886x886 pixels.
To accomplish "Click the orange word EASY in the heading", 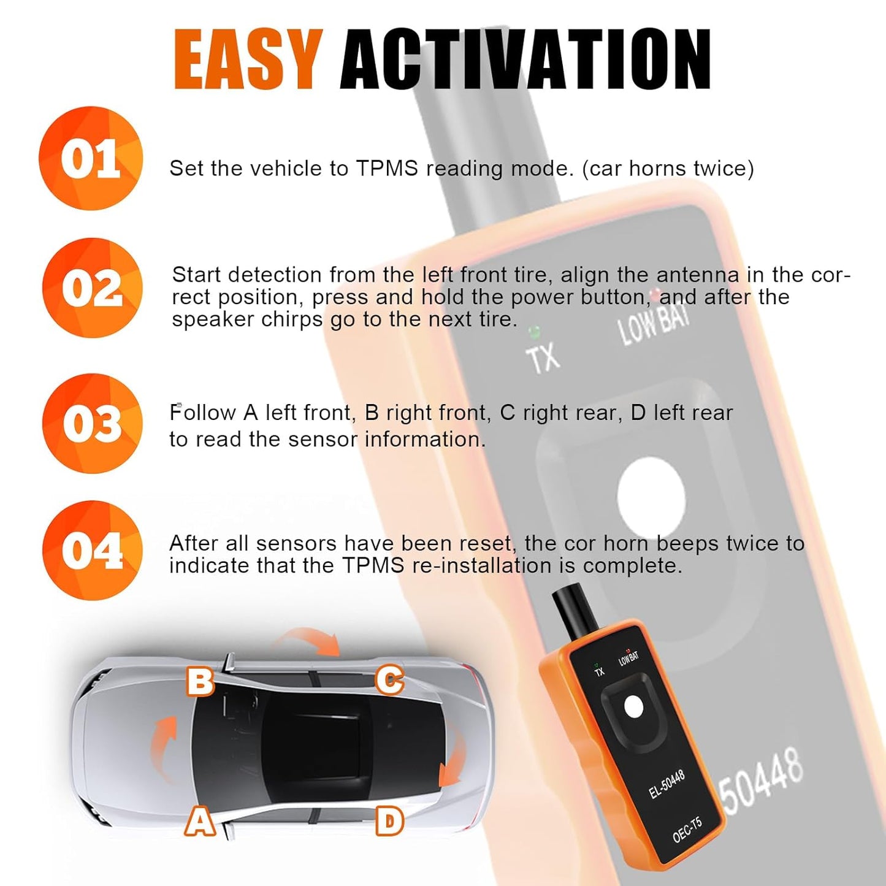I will [x=248, y=59].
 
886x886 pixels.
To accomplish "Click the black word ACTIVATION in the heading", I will [x=525, y=59].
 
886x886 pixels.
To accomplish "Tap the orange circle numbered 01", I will [x=91, y=158].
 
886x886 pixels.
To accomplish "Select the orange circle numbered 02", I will [x=92, y=288].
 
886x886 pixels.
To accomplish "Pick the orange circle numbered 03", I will [x=92, y=424].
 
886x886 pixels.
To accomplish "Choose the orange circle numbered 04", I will [x=92, y=551].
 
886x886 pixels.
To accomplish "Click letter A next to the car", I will [x=200, y=822].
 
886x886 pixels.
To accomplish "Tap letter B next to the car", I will [x=200, y=681].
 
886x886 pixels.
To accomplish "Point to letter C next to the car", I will [x=389, y=680].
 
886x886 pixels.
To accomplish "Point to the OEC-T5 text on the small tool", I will [x=687, y=830].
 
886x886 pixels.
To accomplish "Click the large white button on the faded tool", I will [x=651, y=497].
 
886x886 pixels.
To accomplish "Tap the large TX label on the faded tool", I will [x=543, y=357].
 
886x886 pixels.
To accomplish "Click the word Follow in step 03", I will [x=202, y=413].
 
